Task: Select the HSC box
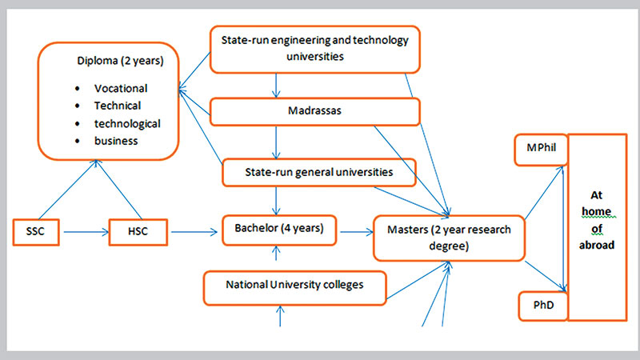138,232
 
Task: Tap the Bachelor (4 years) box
279,230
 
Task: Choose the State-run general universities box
318,171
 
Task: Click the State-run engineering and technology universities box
314,49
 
